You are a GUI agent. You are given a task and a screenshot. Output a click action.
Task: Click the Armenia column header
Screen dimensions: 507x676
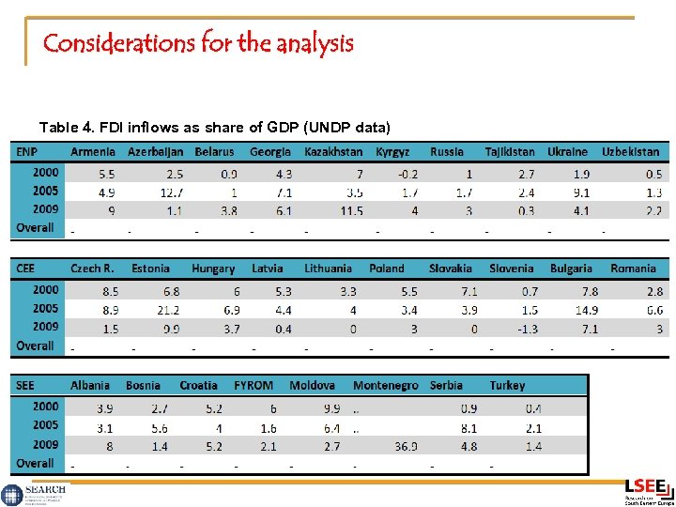pyautogui.click(x=93, y=151)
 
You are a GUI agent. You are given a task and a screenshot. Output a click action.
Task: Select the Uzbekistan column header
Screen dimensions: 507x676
pyautogui.click(x=631, y=151)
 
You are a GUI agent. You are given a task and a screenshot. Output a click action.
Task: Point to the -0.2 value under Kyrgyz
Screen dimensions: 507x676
pyautogui.click(x=407, y=174)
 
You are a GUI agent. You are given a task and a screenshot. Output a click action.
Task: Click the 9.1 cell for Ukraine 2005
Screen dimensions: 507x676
pyautogui.click(x=581, y=192)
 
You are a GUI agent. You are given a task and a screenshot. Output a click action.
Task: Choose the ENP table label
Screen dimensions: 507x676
pyautogui.click(x=25, y=151)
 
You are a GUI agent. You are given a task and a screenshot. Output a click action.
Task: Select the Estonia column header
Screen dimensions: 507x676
pyautogui.click(x=150, y=269)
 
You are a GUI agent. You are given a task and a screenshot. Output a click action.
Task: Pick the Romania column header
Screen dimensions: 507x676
pyautogui.click(x=633, y=269)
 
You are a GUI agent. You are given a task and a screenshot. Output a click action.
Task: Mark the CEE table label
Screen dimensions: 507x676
pyautogui.click(x=25, y=269)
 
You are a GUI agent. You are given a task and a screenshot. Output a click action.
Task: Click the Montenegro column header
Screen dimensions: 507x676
pyautogui.click(x=385, y=386)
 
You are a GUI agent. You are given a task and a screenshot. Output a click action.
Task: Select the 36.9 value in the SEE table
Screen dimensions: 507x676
pyautogui.click(x=406, y=446)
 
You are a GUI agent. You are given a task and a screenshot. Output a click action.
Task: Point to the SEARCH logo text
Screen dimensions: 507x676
pyautogui.click(x=45, y=489)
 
